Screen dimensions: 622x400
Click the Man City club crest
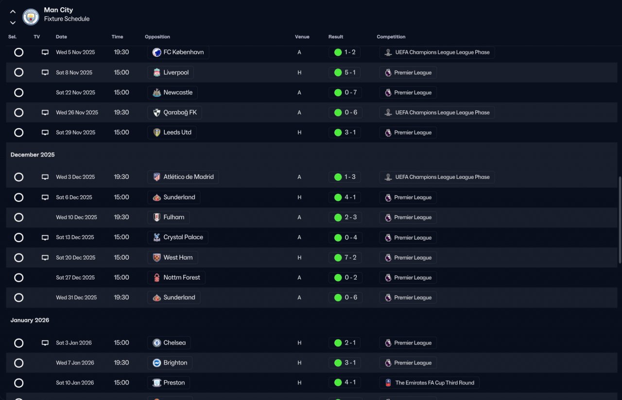(31, 17)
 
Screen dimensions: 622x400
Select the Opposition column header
(157, 36)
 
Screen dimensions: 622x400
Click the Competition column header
(391, 36)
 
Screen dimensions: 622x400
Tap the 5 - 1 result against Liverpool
(350, 72)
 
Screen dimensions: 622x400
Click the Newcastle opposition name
(178, 92)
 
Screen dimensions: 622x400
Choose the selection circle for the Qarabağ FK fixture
(18, 112)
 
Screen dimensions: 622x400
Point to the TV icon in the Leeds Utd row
(45, 133)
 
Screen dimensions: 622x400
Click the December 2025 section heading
(33, 155)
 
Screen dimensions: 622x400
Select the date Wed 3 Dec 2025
(75, 177)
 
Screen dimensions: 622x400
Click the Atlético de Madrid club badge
(156, 177)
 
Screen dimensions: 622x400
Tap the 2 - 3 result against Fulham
(350, 217)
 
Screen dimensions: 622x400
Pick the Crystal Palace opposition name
(183, 237)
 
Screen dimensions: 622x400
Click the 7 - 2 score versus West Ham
(350, 258)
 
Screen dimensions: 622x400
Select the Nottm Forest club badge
(156, 278)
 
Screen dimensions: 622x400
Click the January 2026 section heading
(30, 320)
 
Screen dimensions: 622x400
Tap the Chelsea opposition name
(174, 343)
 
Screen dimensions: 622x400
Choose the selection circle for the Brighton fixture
(18, 363)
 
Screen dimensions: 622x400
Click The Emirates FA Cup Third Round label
(434, 383)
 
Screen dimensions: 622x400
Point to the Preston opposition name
(174, 383)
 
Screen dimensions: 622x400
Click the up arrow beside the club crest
(13, 12)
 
